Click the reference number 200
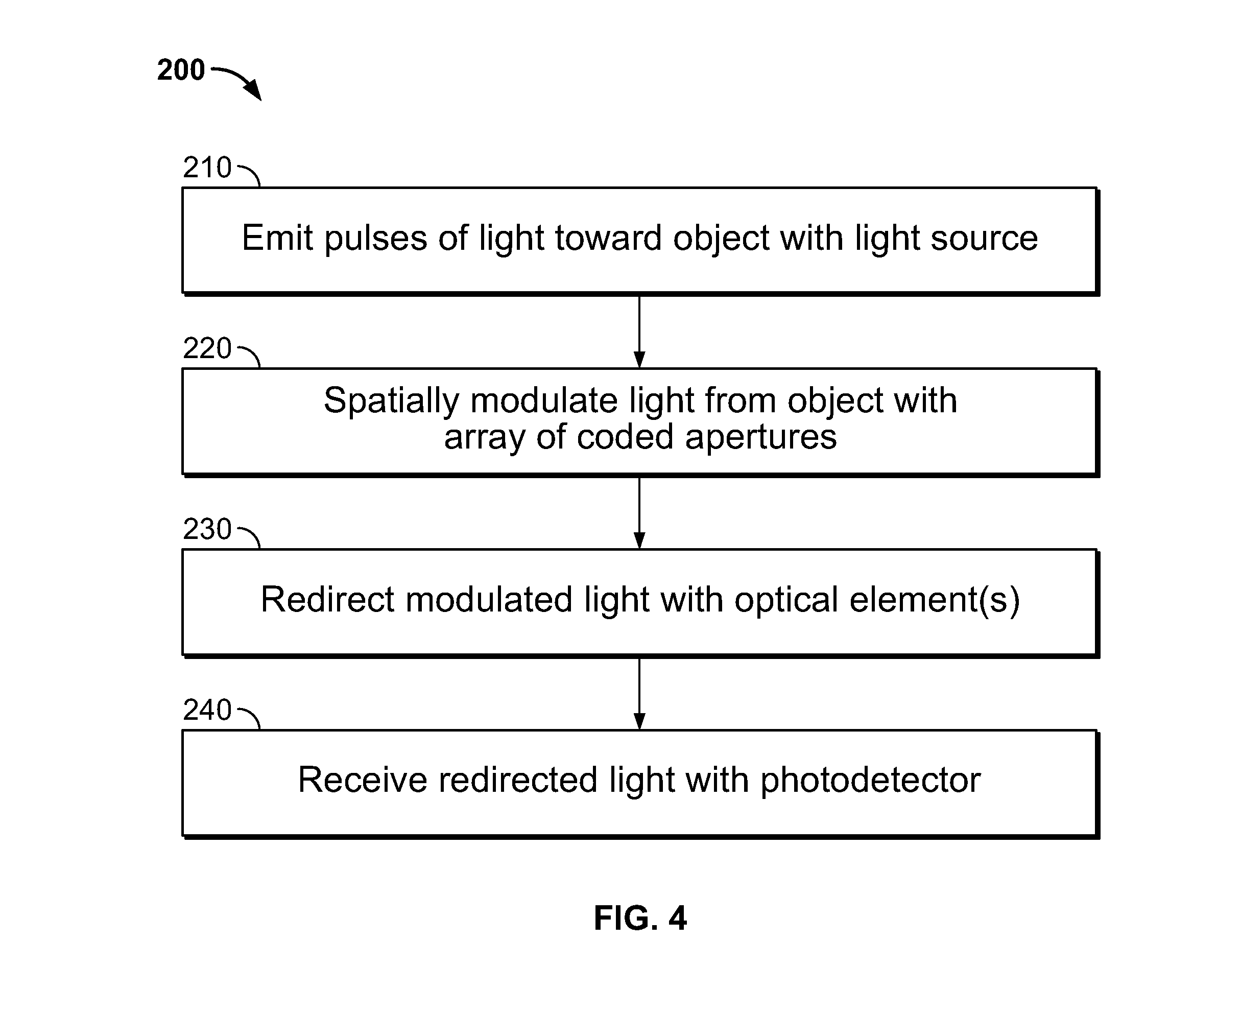[181, 70]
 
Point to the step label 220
[207, 348]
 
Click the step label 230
[207, 529]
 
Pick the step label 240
[207, 710]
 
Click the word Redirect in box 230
[327, 599]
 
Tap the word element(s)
[935, 600]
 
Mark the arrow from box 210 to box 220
[639, 331]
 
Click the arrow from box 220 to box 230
[639, 512]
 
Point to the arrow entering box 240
[639, 693]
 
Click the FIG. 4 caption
[640, 918]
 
